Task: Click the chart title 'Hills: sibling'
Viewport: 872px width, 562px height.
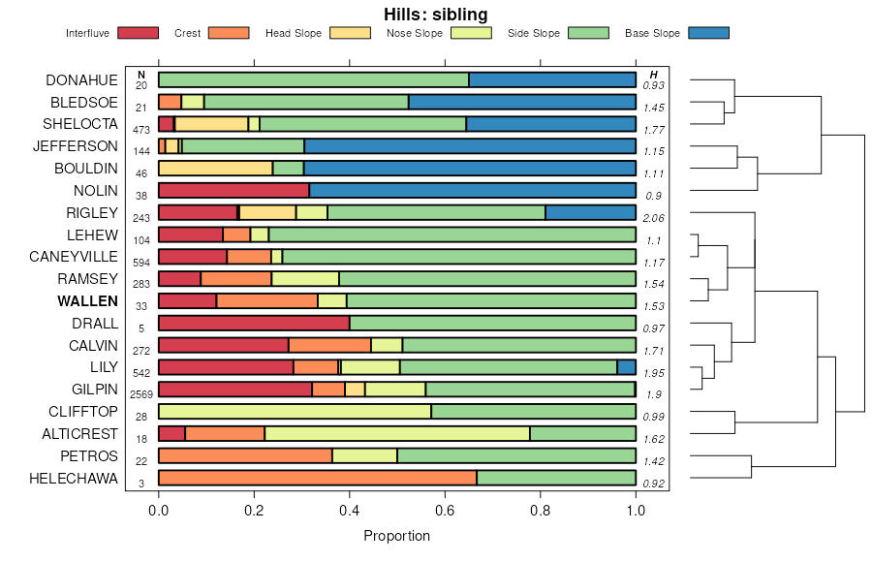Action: [x=435, y=15]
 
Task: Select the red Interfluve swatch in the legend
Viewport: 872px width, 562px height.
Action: [x=138, y=33]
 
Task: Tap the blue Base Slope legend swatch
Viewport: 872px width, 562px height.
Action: [x=708, y=33]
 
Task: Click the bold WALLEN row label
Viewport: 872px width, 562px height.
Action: [x=87, y=301]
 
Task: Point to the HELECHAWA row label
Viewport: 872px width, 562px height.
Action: [x=74, y=479]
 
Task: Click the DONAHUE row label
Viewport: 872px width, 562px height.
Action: [x=81, y=79]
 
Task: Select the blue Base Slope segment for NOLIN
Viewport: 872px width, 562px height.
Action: [x=472, y=190]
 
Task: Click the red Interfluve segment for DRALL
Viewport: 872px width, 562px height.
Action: [x=254, y=323]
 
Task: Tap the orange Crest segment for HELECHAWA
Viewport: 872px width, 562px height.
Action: [x=318, y=478]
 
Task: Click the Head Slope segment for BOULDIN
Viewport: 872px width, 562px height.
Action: [x=195, y=168]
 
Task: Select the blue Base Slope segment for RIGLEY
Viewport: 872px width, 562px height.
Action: [x=590, y=212]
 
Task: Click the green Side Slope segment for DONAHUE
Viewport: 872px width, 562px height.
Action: [x=313, y=79]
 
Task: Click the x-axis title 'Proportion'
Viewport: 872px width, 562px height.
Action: [x=396, y=536]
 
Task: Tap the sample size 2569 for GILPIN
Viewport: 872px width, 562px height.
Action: [x=141, y=395]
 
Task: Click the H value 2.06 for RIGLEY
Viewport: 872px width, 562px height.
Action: [x=654, y=218]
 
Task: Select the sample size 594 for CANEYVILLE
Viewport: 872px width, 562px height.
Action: [x=141, y=263]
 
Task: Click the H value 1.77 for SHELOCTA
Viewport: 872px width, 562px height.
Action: [x=654, y=130]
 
